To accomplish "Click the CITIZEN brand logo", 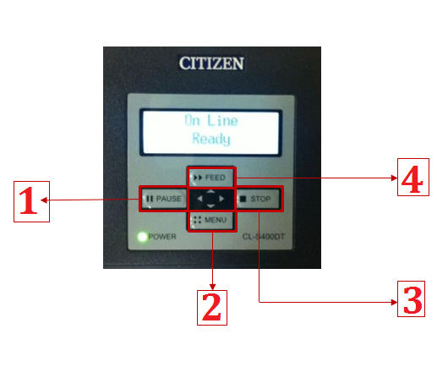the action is tap(211, 63).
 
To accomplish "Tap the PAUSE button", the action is tap(164, 199).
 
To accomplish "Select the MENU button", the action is tap(211, 220).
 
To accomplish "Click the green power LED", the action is tap(142, 237).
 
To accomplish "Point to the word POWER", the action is tap(162, 237).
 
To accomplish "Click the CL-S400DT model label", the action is tap(264, 237).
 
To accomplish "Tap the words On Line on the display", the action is tap(211, 121).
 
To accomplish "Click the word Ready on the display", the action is tap(211, 139).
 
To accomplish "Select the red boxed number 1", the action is tap(31, 201).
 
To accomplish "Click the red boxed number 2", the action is tap(212, 308).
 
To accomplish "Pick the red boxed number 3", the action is tap(412, 299).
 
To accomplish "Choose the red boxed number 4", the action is tap(413, 177).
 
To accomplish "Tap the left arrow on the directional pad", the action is tap(199, 199).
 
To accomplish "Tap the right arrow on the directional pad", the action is tap(221, 199).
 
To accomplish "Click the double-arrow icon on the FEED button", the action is tap(198, 178).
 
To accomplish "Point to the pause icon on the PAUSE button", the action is tap(150, 199).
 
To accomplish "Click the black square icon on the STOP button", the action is tap(243, 199).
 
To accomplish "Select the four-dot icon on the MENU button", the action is tap(198, 220).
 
